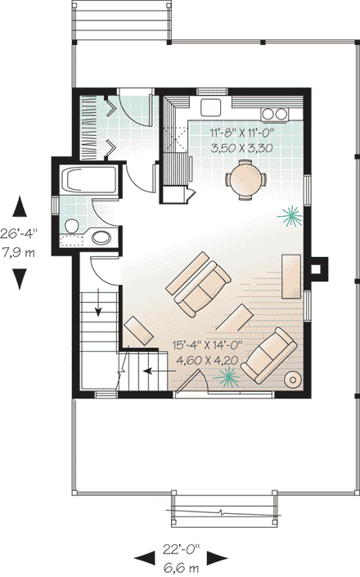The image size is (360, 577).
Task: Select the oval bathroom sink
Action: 101,238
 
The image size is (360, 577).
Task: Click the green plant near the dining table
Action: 289,215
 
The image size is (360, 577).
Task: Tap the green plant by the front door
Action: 228,376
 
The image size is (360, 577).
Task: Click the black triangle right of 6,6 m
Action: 216,559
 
